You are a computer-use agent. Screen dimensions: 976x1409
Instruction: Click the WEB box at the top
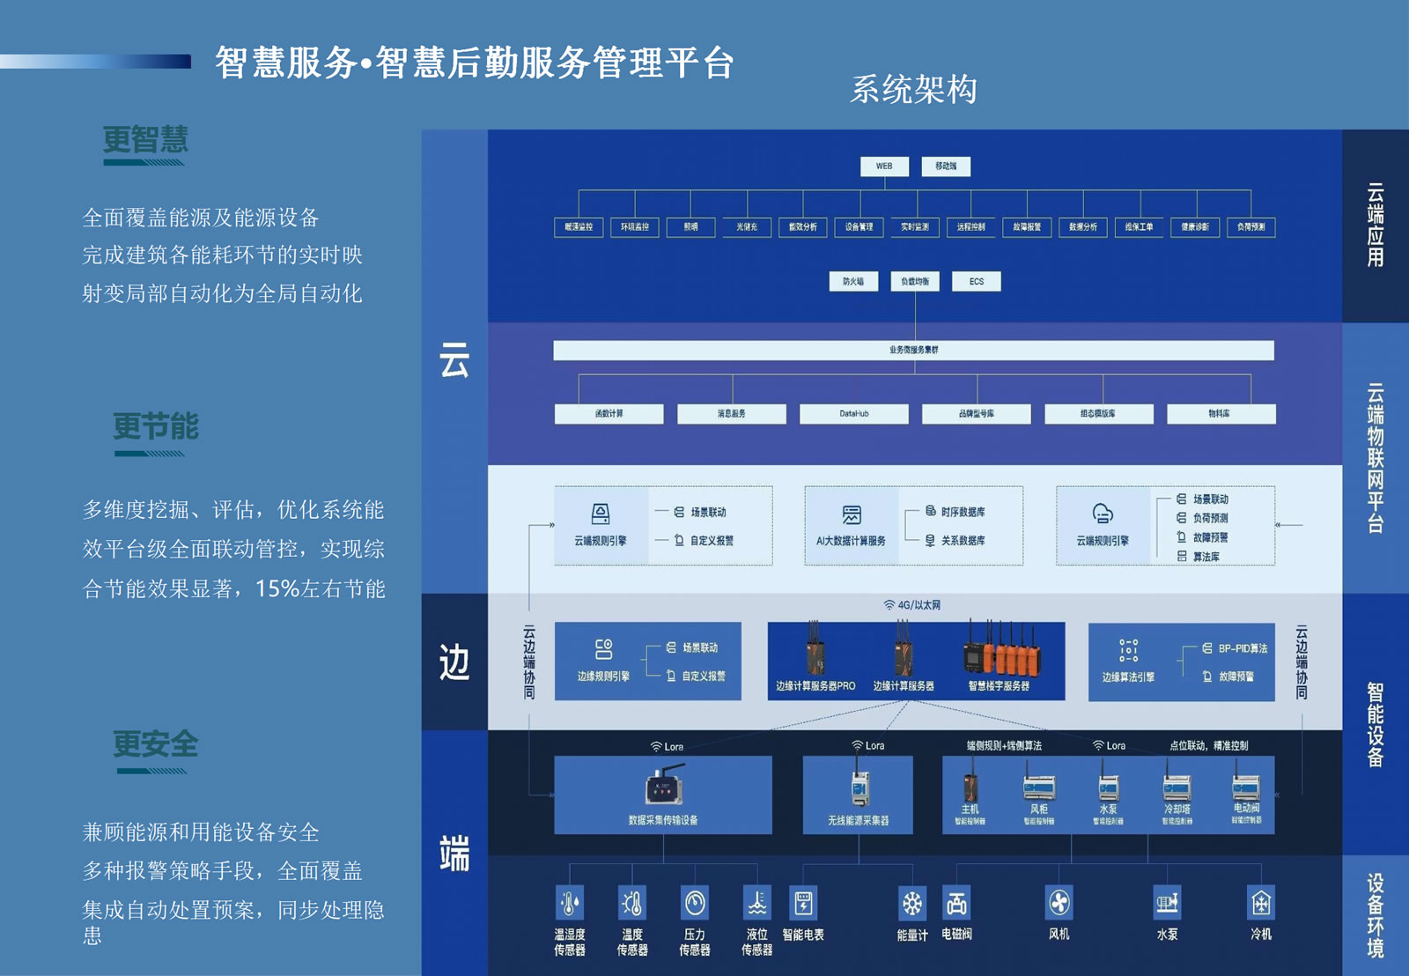tap(884, 166)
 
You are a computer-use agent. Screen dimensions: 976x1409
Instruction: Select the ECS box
tap(976, 282)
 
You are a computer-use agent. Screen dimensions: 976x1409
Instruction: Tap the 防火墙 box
tap(853, 282)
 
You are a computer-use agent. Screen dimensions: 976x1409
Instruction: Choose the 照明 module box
tap(690, 227)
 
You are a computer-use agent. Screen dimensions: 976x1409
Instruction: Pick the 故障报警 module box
tap(1027, 227)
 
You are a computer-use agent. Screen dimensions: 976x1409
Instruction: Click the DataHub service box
tap(853, 414)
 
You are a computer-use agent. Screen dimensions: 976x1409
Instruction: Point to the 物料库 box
tap(1220, 414)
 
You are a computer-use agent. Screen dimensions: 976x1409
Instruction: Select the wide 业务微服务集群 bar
tap(913, 351)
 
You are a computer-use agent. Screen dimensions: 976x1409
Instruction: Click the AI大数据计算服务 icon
tap(852, 515)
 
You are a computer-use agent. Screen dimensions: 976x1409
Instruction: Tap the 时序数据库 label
tap(963, 512)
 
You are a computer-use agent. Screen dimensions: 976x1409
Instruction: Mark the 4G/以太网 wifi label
tap(912, 605)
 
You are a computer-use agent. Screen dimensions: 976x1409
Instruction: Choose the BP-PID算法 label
tap(1243, 648)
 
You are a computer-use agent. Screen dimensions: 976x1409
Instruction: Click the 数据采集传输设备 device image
tap(665, 787)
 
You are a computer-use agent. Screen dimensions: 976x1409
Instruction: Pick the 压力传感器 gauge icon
tap(695, 904)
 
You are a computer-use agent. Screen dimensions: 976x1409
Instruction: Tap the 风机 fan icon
tap(1059, 903)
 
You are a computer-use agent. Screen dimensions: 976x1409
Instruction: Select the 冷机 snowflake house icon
tap(1261, 903)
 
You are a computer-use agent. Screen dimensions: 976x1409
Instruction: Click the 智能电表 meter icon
tap(803, 903)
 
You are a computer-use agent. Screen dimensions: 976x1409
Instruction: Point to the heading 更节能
tap(156, 427)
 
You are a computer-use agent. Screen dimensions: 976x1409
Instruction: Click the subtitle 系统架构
tap(913, 90)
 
